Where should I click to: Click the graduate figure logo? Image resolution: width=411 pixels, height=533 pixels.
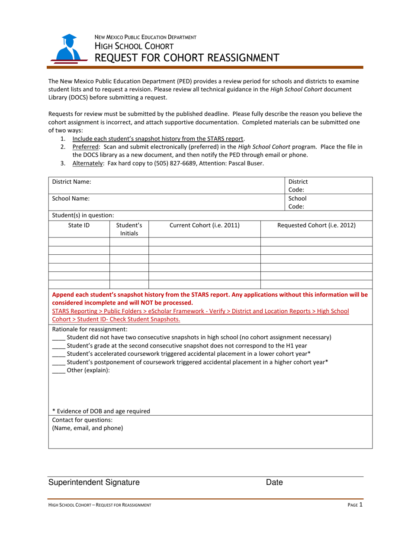67,49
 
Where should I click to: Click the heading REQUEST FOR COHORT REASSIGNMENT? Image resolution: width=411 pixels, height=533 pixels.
187,58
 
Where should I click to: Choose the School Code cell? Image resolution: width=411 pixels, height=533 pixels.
328,202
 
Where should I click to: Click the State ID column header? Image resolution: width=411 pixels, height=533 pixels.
79,225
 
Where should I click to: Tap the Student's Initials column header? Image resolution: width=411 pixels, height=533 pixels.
129,229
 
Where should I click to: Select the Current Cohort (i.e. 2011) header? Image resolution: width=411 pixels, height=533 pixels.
204,225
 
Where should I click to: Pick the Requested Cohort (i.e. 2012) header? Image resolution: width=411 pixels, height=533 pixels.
316,225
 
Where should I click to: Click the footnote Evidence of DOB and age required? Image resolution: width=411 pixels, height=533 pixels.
101,411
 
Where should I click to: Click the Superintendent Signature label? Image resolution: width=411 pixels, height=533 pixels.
94,482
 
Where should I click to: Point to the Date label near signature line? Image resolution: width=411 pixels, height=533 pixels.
274,482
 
